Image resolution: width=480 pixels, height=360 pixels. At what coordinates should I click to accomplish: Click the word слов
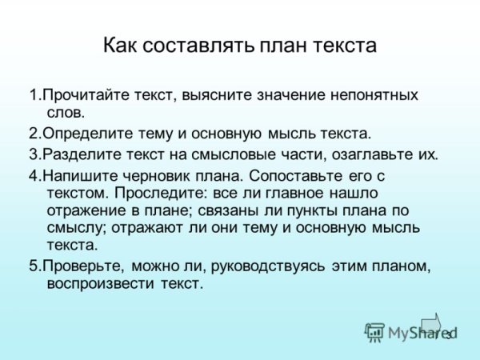(66, 112)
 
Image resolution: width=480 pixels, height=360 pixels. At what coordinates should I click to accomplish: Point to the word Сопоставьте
(283, 175)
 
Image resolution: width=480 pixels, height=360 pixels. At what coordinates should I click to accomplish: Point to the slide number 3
(449, 335)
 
